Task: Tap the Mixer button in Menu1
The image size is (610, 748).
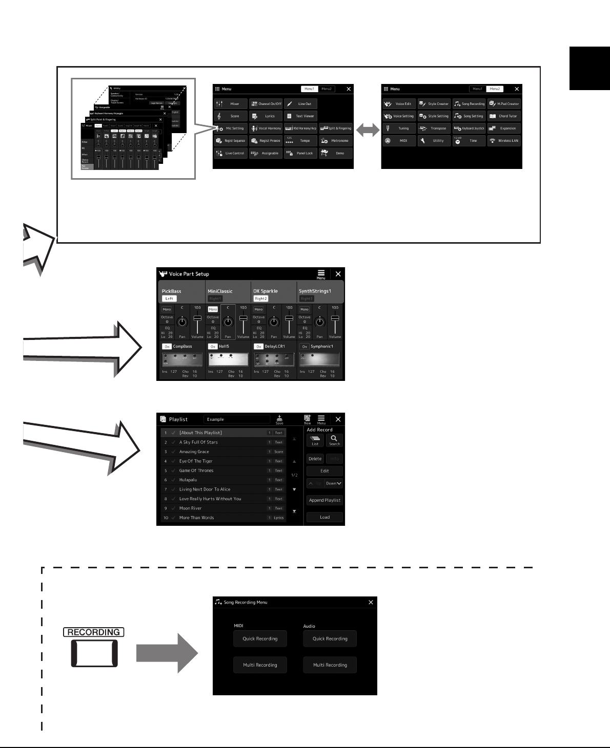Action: [x=231, y=104]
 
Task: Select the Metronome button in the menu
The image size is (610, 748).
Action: [x=336, y=141]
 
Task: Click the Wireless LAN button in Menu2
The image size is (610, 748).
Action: [x=504, y=141]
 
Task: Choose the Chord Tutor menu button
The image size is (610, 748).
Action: [x=504, y=116]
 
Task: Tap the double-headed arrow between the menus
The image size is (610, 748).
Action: [x=368, y=131]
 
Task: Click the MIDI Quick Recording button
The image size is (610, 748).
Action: [x=260, y=639]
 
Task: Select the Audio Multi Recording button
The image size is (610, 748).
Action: [x=330, y=665]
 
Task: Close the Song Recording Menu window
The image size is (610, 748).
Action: [x=371, y=603]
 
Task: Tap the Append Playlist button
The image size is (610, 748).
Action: [x=324, y=500]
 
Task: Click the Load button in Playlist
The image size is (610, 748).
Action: [x=324, y=517]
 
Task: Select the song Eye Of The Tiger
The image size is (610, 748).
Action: [x=196, y=461]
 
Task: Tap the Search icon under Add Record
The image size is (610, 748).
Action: [x=334, y=440]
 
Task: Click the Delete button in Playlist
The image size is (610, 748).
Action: [x=315, y=459]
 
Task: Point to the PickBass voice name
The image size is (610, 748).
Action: [x=172, y=291]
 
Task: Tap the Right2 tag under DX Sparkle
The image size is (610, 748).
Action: [x=260, y=298]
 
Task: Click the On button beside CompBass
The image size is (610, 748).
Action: [x=167, y=347]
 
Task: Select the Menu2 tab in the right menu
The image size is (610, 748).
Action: [x=495, y=89]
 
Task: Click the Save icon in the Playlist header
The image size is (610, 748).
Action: [x=279, y=419]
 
